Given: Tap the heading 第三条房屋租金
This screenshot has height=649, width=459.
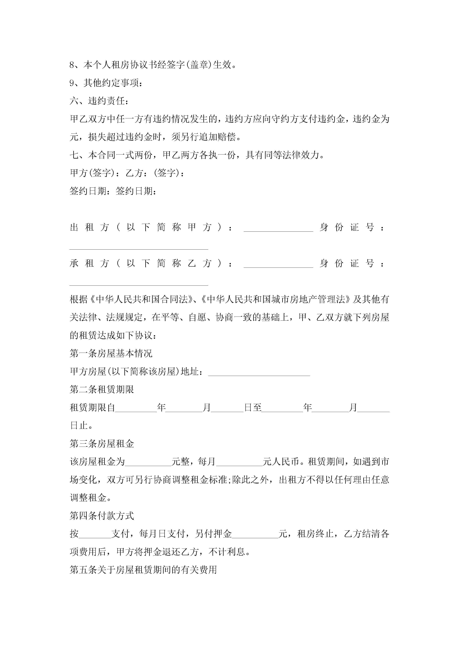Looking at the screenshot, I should (102, 444).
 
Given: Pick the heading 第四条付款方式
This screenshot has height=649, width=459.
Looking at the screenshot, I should (102, 516).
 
